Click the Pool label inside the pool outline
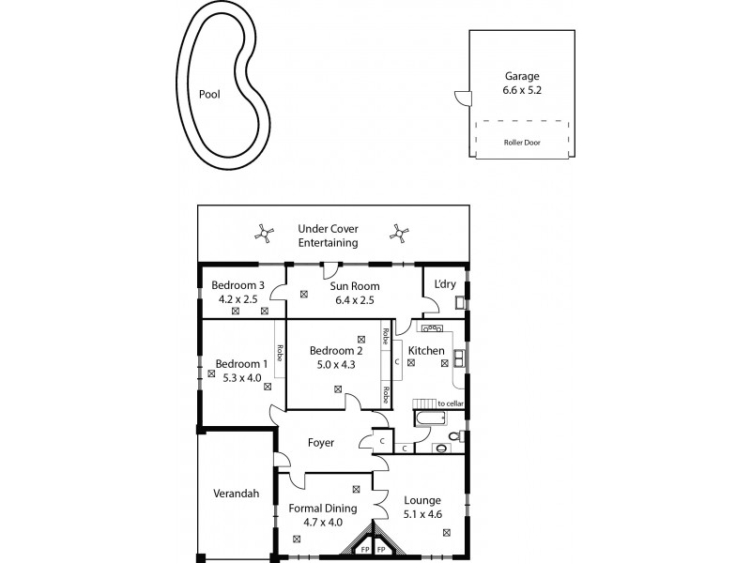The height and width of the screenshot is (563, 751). [209, 95]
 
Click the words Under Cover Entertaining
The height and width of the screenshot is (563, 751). [328, 236]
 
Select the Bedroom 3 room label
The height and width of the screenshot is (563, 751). [237, 286]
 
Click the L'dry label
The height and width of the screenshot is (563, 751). [443, 285]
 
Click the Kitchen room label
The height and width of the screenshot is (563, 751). [425, 351]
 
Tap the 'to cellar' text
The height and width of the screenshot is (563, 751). [450, 403]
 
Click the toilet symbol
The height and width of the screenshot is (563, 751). [453, 436]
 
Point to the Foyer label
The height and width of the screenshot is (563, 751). [322, 442]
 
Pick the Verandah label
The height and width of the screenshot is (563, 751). [236, 495]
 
